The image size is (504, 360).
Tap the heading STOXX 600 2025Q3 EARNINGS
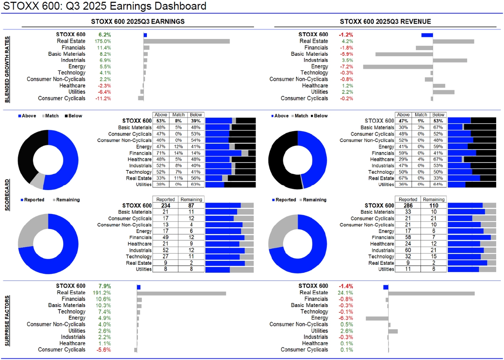pos(137,21)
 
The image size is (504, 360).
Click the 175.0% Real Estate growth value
pos(103,41)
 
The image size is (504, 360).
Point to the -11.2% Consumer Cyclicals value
pos(103,98)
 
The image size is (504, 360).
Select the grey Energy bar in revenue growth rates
pos(398,67)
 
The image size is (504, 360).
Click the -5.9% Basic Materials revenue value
pos(346,54)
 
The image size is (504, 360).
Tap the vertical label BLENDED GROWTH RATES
pos(8,69)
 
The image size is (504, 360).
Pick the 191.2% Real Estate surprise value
pos(103,293)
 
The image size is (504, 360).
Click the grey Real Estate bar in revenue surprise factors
pos(431,293)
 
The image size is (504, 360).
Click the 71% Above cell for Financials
pos(160,153)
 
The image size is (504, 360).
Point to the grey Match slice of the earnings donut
pos(37,181)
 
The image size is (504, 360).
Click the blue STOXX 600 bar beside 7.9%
pos(139,287)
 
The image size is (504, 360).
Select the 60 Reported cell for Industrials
pos(408,250)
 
